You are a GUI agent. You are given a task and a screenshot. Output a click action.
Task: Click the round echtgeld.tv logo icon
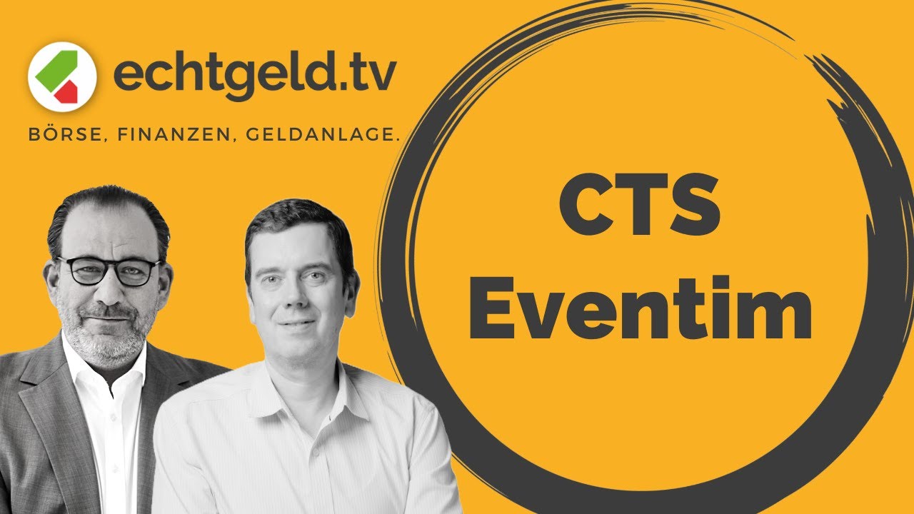(x=62, y=76)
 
